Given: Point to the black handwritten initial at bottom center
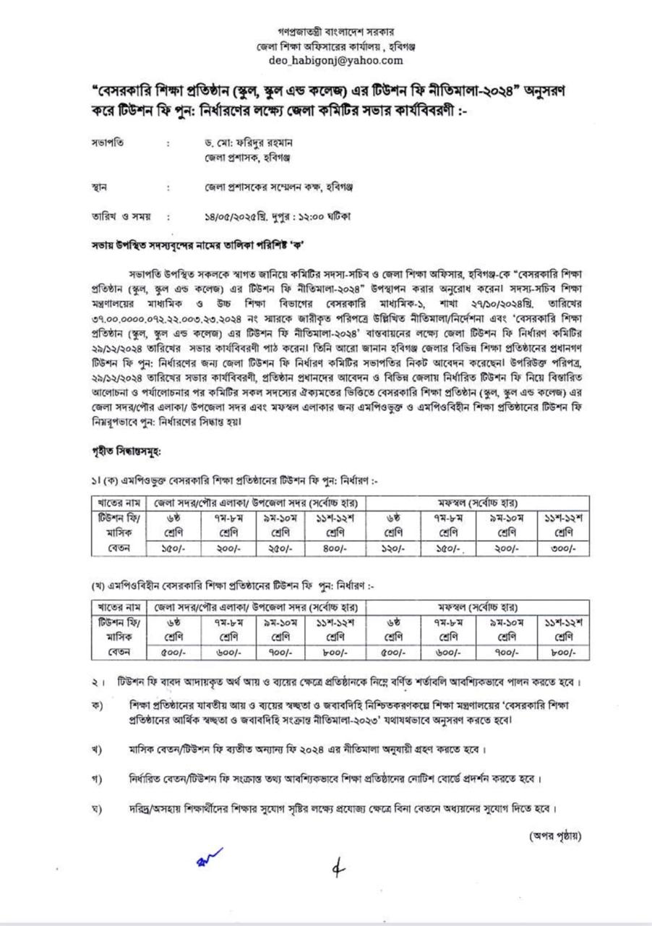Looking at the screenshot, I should point(335,871).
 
